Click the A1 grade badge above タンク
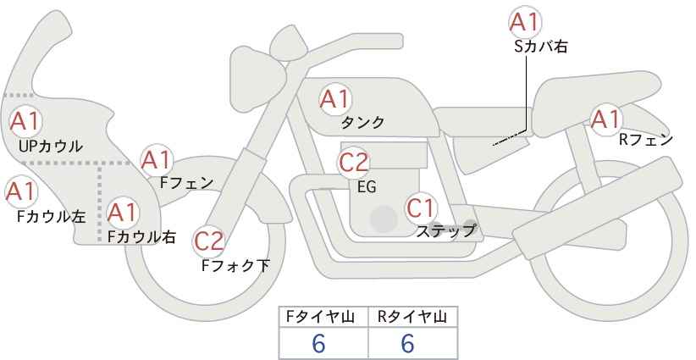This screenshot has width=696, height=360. tap(335, 99)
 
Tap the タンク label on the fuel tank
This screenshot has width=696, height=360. tap(362, 123)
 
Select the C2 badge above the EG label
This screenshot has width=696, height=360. tap(354, 162)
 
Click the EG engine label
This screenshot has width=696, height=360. tap(367, 187)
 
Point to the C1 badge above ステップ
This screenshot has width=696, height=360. tap(422, 208)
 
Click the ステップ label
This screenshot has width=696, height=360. tap(445, 231)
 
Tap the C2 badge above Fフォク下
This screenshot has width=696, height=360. tap(209, 241)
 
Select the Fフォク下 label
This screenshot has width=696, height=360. tap(235, 265)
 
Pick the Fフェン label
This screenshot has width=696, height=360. tap(186, 183)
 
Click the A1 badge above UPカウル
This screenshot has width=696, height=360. tap(25, 122)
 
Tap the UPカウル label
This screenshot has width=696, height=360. tap(51, 146)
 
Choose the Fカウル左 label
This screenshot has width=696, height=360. tap(51, 217)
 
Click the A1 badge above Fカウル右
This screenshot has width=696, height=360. tap(123, 213)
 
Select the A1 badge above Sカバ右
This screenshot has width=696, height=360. tap(525, 22)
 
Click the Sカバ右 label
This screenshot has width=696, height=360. tap(541, 47)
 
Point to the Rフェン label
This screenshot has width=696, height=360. tap(646, 141)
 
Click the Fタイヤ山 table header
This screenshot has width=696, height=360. tap(320, 317)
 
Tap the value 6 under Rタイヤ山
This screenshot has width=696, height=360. tap(407, 343)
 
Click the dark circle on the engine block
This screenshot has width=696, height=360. tap(384, 219)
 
